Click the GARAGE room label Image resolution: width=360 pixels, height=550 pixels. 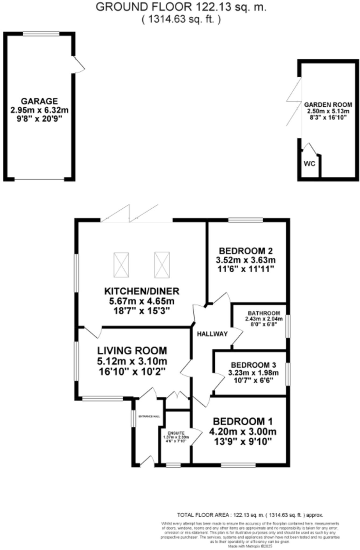click(39, 101)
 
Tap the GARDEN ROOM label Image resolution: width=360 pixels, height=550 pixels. click(328, 105)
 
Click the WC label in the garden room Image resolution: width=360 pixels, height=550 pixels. click(309, 164)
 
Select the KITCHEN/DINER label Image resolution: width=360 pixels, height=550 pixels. click(142, 291)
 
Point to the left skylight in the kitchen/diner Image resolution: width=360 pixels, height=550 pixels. click(121, 265)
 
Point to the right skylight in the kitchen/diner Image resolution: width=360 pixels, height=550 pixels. click(162, 265)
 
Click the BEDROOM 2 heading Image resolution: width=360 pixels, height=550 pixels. click(246, 251)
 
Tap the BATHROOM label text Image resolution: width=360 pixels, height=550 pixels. click(264, 313)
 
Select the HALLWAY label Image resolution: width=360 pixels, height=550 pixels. click(212, 334)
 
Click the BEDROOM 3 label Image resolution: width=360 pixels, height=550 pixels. click(253, 365)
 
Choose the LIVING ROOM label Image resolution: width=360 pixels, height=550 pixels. click(132, 351)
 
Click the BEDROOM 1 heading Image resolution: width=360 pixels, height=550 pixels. click(243, 421)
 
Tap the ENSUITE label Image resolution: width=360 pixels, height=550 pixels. click(176, 433)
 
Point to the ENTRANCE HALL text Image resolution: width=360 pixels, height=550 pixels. click(149, 417)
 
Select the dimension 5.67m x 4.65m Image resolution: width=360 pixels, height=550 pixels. click(142, 301)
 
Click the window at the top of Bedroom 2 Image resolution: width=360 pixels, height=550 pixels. click(246, 220)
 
